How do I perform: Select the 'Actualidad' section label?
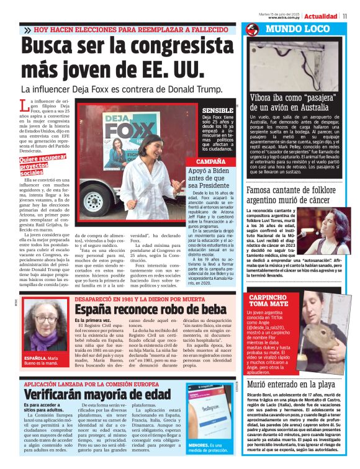(x=321, y=16)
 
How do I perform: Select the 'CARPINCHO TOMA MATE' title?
(x=268, y=301)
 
